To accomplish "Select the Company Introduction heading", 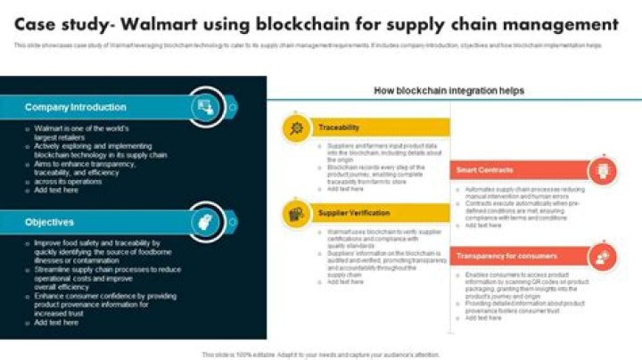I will (76, 107).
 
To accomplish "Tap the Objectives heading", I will (50, 222).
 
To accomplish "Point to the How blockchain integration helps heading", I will (449, 91).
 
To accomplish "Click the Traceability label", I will (339, 128).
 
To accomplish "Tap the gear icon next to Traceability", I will (296, 128).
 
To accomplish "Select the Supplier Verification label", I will (354, 213).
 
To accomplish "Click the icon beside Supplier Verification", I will (296, 213).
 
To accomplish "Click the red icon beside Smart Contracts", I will (604, 169).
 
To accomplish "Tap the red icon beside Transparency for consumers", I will (604, 257).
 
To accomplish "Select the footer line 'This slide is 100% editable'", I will (320, 354).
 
